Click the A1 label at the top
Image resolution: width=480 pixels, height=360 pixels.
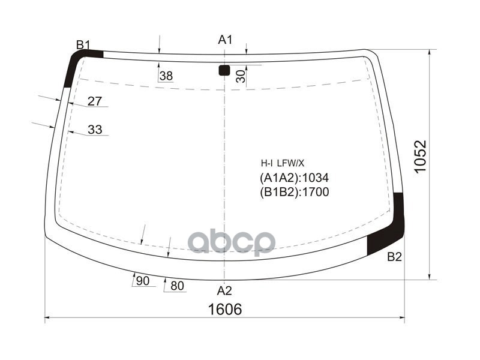(224, 40)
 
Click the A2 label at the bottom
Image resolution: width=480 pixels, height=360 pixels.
(224, 291)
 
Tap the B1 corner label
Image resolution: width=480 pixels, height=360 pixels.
(83, 44)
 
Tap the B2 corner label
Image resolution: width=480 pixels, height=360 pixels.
(394, 257)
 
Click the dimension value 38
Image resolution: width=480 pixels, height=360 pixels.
(166, 76)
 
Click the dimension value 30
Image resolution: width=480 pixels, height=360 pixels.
(240, 76)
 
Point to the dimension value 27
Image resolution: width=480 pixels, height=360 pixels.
(94, 101)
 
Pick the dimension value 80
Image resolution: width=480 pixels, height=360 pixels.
(177, 286)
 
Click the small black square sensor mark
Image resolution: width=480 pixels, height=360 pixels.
(224, 70)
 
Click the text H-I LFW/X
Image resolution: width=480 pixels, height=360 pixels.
(282, 163)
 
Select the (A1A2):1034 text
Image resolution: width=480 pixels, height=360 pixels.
(295, 178)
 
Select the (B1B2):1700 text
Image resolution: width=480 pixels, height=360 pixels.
(295, 192)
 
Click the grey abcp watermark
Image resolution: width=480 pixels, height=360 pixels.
(232, 242)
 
